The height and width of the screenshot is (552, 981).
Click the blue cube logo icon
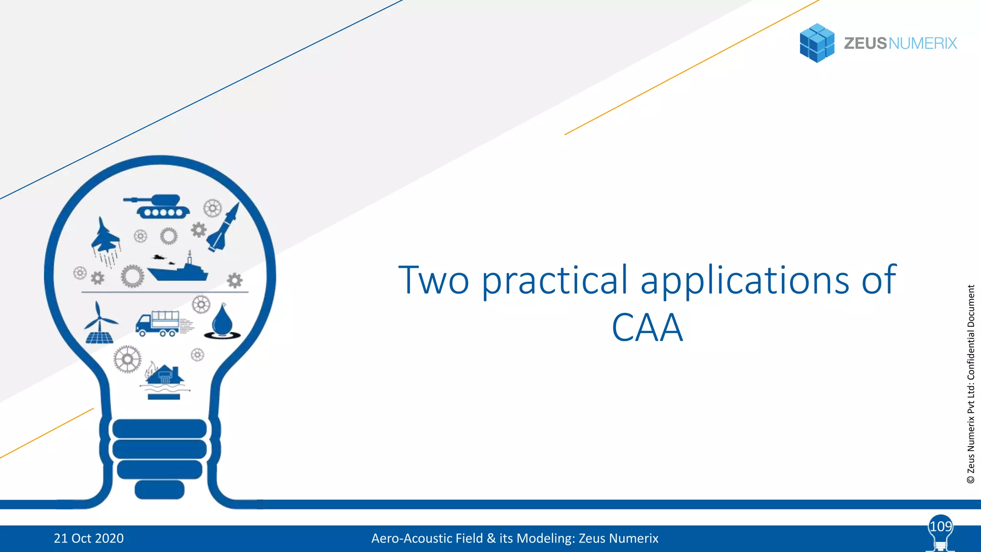817,43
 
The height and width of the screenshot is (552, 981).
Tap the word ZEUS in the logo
865,44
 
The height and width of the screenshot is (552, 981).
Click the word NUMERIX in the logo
923,44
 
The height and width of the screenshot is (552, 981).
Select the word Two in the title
433,280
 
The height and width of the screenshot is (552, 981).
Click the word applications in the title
745,281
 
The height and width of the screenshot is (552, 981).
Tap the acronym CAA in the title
647,328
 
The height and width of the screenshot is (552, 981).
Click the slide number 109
940,527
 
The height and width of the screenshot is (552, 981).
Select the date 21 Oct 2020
89,539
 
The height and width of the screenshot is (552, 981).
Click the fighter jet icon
105,237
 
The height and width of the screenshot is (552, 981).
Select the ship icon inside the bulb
178,271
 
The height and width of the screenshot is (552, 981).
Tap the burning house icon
164,376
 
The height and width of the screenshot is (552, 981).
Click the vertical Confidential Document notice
971,383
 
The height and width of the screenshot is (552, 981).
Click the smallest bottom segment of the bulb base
160,489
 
